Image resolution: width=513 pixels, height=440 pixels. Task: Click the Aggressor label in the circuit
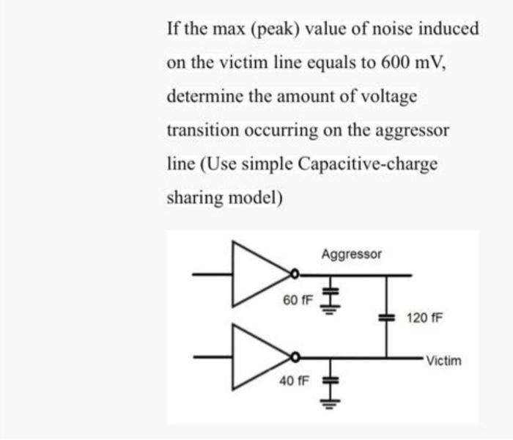[x=352, y=254]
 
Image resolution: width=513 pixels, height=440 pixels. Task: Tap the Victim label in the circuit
[x=443, y=361]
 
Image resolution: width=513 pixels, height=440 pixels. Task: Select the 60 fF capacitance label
[x=298, y=301]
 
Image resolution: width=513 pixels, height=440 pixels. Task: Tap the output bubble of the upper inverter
[x=295, y=275]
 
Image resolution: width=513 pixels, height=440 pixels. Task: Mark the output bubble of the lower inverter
[x=295, y=357]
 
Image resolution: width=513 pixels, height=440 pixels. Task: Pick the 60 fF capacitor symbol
[x=330, y=291]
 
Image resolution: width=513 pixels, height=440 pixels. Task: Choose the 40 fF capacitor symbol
[x=330, y=382]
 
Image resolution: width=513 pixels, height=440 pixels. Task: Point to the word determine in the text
[x=199, y=96]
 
